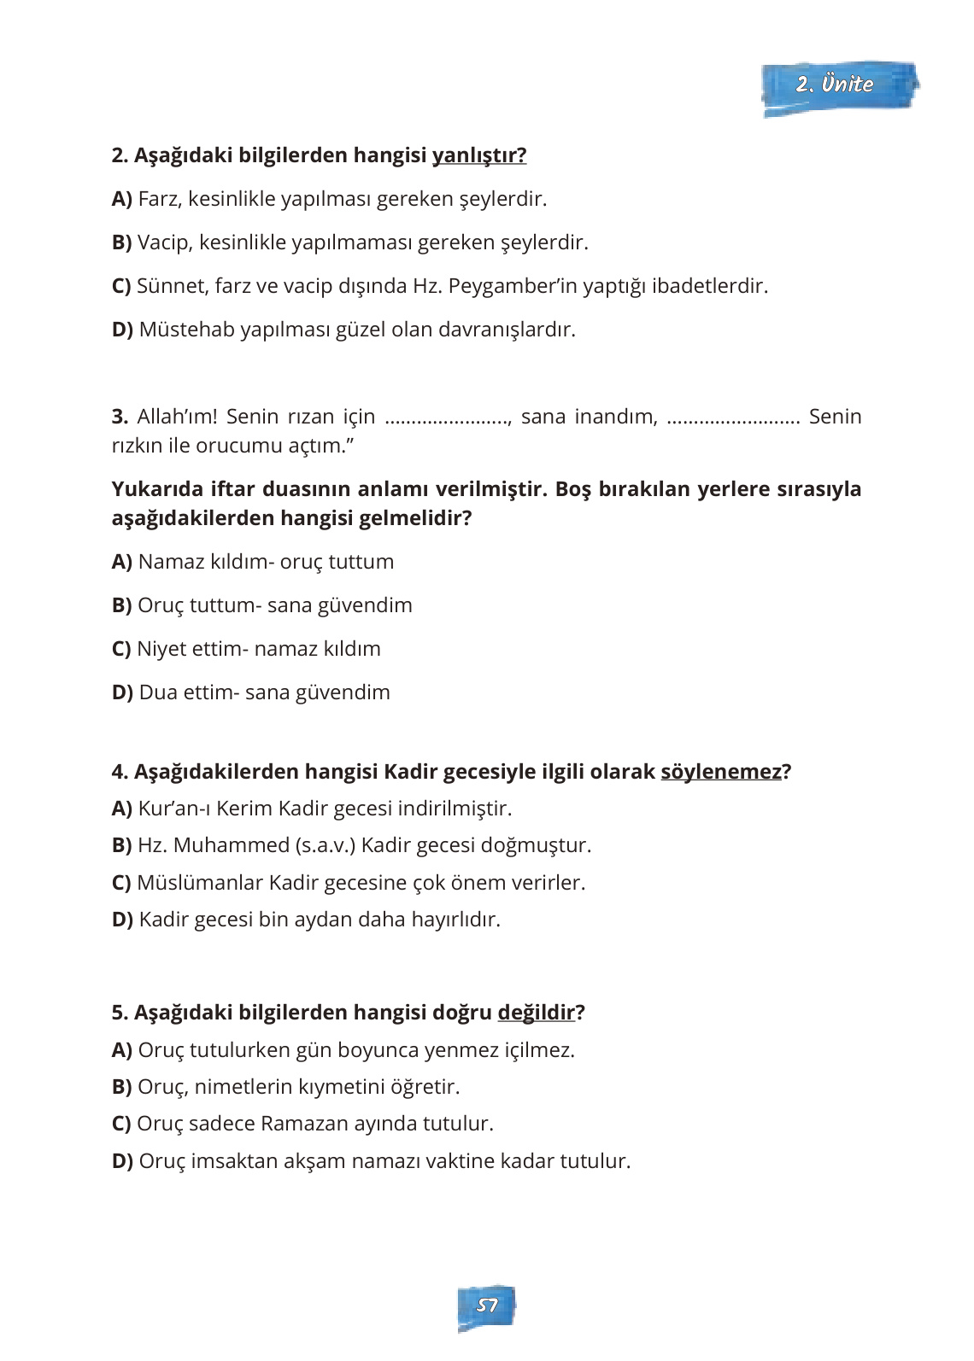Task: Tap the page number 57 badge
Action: click(x=486, y=1306)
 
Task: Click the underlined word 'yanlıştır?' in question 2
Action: click(x=478, y=155)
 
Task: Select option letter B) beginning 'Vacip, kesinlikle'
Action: click(x=121, y=242)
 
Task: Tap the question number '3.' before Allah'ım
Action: click(x=120, y=417)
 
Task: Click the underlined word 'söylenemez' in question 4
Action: click(x=721, y=772)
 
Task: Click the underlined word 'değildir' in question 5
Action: click(x=536, y=1013)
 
